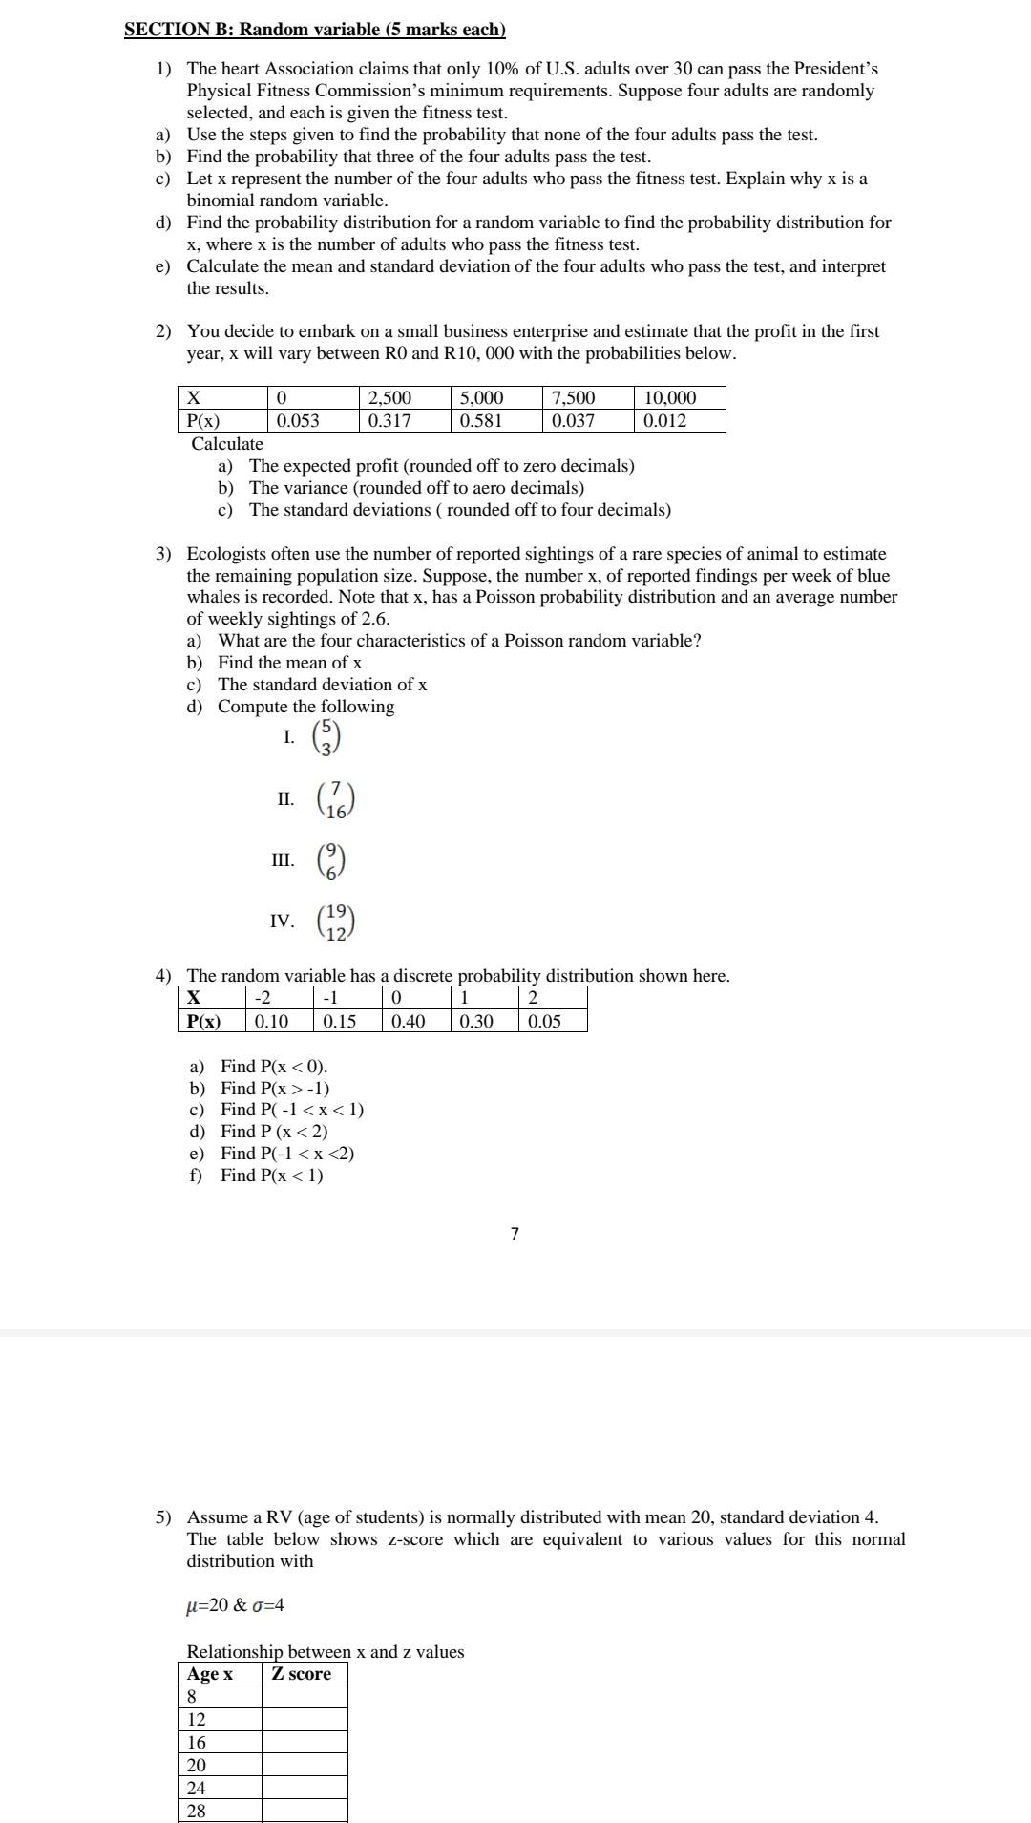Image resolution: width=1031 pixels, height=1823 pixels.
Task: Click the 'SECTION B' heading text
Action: (314, 30)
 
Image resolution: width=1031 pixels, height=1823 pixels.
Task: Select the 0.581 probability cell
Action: (496, 420)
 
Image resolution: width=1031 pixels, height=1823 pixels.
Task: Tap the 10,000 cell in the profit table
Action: (679, 397)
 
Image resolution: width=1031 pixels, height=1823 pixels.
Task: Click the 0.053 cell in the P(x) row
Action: (312, 420)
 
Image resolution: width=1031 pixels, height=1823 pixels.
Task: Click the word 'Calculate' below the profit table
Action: (227, 444)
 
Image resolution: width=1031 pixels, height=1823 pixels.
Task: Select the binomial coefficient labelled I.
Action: (326, 738)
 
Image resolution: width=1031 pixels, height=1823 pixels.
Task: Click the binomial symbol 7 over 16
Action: (335, 800)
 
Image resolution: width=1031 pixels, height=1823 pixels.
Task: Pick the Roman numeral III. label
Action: (283, 860)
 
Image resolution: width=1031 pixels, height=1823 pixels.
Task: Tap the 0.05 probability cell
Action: (552, 1021)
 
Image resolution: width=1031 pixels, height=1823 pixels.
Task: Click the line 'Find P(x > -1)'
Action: (275, 1089)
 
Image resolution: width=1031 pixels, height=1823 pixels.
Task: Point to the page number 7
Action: (515, 1234)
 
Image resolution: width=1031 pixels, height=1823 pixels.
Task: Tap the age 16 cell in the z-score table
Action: (220, 1743)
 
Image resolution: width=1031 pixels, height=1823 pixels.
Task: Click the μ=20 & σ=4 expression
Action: (235, 1605)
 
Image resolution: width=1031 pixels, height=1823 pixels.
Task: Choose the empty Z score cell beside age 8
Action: (305, 1697)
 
